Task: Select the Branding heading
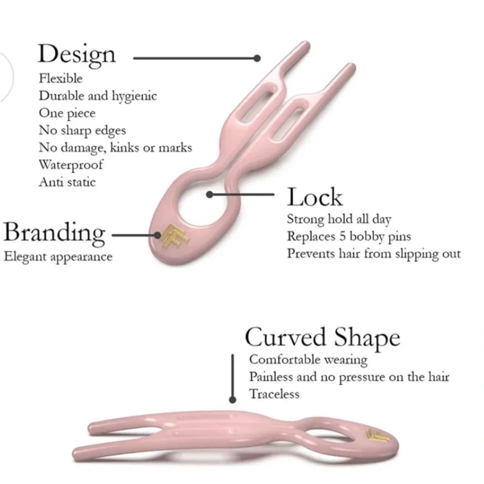54,233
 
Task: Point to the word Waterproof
71,165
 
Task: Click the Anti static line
67,182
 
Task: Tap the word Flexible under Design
61,78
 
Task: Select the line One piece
67,113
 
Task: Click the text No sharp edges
82,131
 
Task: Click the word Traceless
274,394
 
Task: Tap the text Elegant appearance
58,257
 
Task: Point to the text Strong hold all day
339,219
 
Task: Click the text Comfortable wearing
308,360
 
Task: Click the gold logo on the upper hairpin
175,237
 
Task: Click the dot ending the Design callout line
257,58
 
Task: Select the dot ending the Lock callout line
210,195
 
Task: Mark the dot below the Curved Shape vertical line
233,400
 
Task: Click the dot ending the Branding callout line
157,236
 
